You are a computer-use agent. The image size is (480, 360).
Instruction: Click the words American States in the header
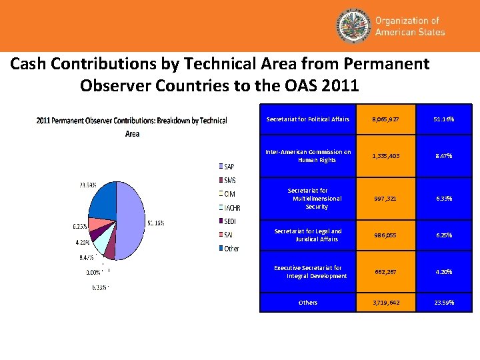tap(409, 32)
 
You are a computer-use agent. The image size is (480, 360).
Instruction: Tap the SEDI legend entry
tap(229, 221)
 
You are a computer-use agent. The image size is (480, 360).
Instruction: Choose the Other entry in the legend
tap(229, 249)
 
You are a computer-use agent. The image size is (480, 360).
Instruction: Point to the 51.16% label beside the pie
tap(156, 223)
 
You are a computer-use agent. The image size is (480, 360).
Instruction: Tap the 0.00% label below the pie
tap(94, 272)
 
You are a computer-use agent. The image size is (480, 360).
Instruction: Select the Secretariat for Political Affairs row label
tap(308, 119)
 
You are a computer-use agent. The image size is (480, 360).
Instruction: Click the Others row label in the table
tap(308, 303)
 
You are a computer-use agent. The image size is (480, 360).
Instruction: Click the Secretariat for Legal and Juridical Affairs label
tap(308, 235)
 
